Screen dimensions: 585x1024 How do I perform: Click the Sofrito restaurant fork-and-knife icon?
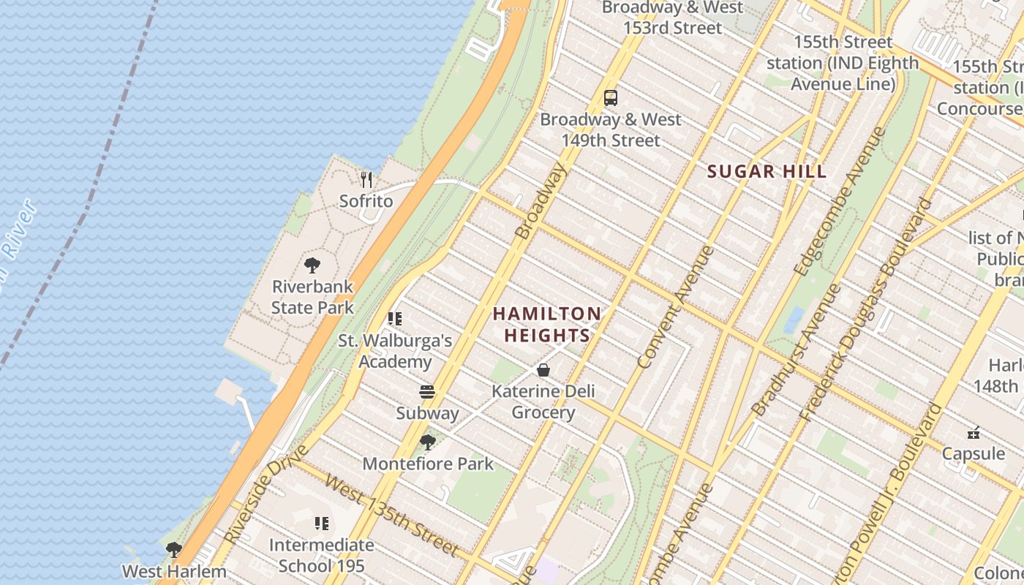click(x=366, y=179)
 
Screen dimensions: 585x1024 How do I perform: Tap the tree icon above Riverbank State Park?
click(x=312, y=265)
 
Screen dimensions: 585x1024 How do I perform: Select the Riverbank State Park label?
click(x=312, y=297)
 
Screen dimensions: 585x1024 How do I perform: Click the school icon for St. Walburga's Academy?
click(x=395, y=319)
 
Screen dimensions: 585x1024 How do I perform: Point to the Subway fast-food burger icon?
click(x=427, y=392)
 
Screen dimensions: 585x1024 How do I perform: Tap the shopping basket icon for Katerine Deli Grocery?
click(x=543, y=370)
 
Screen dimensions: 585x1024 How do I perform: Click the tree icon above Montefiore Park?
click(x=428, y=442)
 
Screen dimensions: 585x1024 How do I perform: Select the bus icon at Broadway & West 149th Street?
click(x=611, y=98)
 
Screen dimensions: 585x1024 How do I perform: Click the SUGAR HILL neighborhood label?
click(x=767, y=172)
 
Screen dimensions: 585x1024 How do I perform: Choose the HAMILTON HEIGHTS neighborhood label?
click(x=546, y=325)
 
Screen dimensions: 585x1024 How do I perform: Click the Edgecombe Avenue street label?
click(x=839, y=202)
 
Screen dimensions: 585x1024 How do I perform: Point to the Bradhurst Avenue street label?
click(x=797, y=350)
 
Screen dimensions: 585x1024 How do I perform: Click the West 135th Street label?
click(x=392, y=516)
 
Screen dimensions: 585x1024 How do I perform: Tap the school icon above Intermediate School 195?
click(x=322, y=524)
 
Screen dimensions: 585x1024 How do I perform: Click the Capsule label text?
click(x=973, y=453)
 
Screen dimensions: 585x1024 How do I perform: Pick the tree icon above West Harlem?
click(x=173, y=550)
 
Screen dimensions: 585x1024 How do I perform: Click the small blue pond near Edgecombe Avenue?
click(x=794, y=320)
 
